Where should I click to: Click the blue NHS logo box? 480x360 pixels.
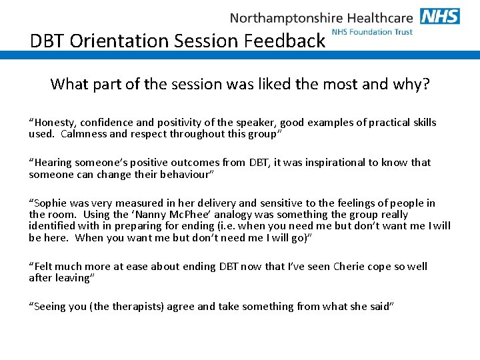(x=440, y=16)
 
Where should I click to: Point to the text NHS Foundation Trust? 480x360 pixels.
(x=372, y=31)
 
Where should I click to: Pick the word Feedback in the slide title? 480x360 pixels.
(x=285, y=41)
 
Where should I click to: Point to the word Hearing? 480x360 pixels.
(x=52, y=163)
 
